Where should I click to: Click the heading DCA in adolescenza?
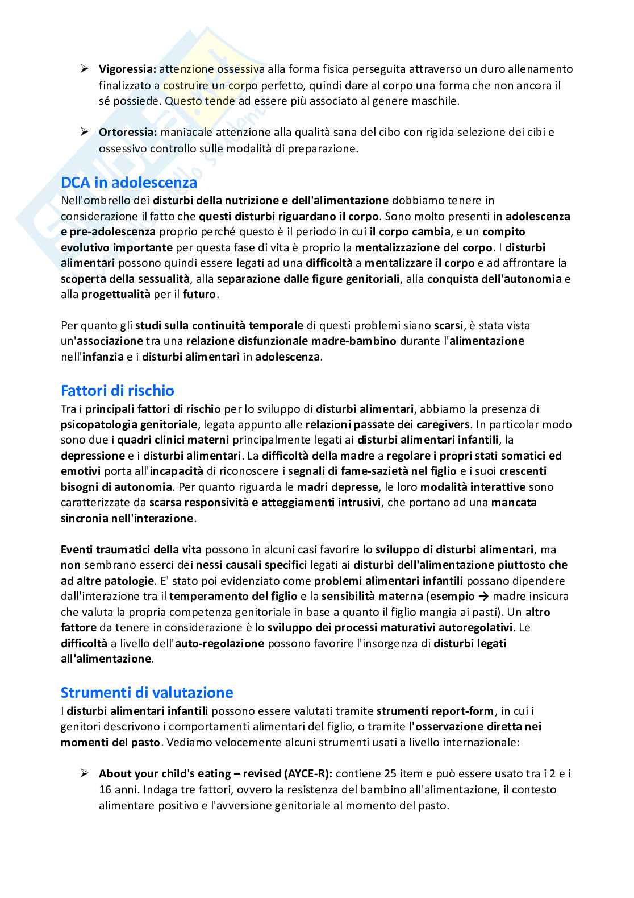click(129, 183)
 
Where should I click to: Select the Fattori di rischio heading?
click(117, 391)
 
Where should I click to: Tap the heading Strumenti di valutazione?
click(147, 693)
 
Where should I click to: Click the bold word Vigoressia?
click(127, 69)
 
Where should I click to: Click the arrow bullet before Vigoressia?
click(84, 69)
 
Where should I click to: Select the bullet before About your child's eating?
click(84, 773)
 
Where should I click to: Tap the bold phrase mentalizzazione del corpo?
click(423, 247)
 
